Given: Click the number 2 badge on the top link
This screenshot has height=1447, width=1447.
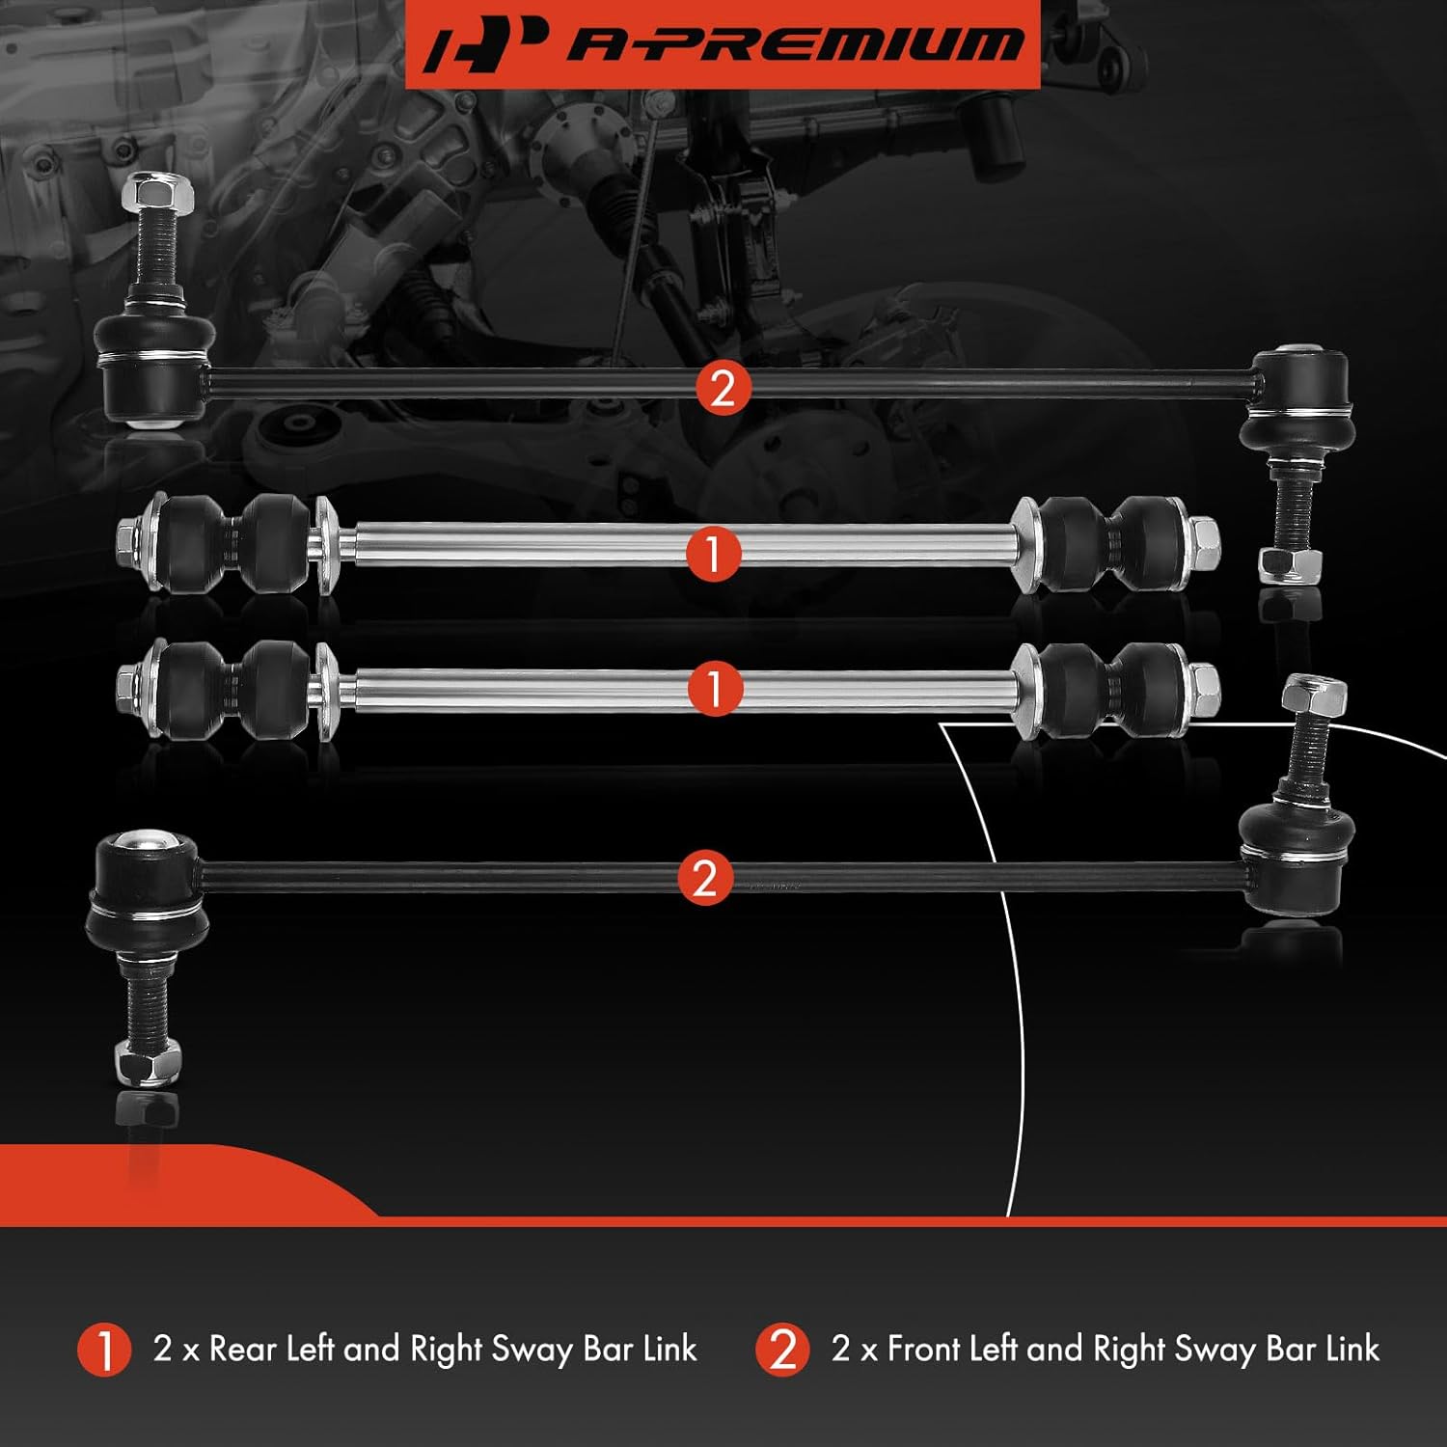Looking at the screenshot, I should (723, 388).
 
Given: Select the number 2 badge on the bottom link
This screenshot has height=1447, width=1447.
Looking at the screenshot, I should (705, 878).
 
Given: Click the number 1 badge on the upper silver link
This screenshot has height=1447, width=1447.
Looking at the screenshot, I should (714, 554).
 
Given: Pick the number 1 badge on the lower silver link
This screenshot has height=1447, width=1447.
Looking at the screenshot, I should (715, 688).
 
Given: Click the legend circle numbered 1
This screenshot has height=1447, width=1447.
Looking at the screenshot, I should (104, 1350).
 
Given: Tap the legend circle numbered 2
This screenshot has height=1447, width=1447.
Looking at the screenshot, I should (782, 1350).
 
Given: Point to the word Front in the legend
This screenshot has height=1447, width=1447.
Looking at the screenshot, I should (925, 1349).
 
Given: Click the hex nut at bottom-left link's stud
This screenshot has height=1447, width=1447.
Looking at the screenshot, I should (148, 1061).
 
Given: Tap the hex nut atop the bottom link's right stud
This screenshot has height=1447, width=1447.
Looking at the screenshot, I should (1314, 696).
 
